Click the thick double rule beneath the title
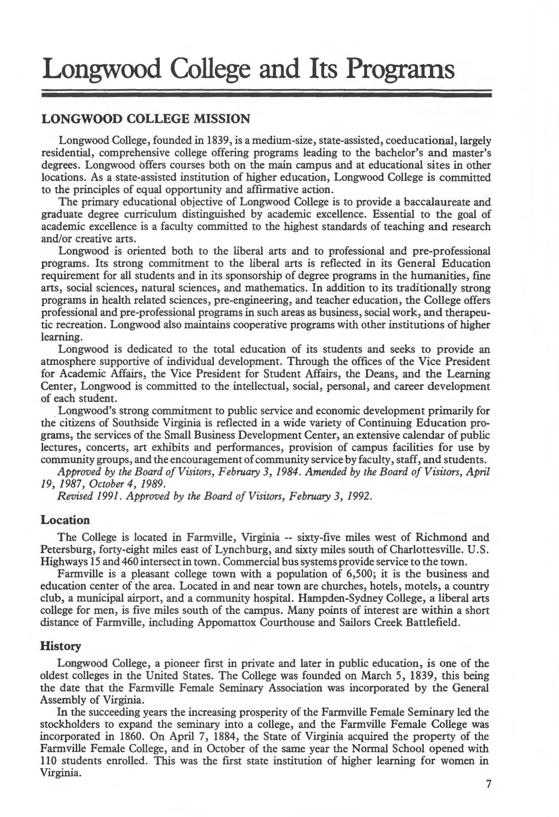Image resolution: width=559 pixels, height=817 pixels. (266, 94)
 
